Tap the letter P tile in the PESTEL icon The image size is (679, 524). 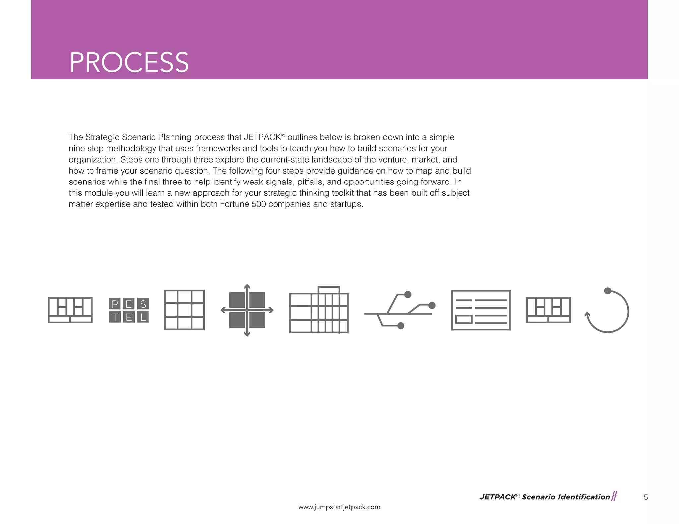115,304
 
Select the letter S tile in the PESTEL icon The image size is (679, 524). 143,304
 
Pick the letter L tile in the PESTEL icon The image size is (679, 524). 143,317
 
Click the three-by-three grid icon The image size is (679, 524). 184,310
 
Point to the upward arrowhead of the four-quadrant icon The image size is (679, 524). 247,286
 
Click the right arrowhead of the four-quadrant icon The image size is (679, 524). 271,310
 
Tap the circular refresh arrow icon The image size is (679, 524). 607,311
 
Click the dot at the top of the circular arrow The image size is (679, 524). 607,291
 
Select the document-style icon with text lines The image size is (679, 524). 480,310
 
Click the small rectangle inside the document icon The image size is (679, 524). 464,319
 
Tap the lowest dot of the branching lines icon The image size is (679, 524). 401,326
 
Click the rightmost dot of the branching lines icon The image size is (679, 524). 432,305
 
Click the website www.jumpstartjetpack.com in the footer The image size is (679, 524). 339,507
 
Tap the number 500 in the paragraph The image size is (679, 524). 259,204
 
